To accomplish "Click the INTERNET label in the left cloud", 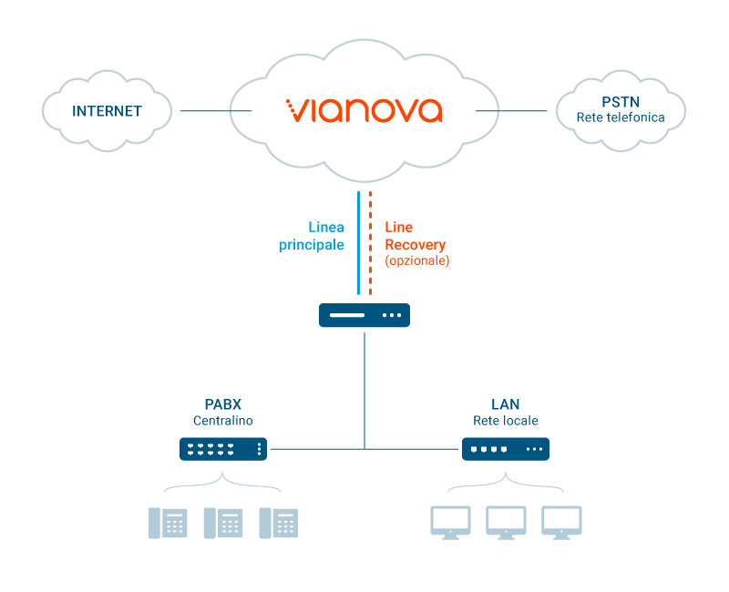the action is pos(107,111).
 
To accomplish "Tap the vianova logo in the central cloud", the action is pos(364,110).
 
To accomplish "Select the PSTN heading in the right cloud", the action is pos(621,102).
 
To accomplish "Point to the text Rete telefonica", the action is pos(621,117).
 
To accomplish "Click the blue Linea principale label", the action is pos(312,236).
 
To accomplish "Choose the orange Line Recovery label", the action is pos(416,236).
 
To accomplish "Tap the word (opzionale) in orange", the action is pos(417,260).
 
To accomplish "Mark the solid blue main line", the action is pos(358,243).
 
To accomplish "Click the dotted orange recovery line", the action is pos(370,243).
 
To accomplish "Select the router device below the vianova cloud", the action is pos(364,315).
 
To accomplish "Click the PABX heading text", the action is pos(223,404).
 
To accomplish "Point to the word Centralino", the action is pos(223,421).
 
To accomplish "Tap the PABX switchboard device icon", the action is pos(223,449).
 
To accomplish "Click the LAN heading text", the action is pos(506,404).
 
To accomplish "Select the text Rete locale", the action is pos(506,421).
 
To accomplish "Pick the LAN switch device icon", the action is pos(506,449).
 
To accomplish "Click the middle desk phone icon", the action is pos(223,523).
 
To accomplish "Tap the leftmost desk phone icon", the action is pos(168,523).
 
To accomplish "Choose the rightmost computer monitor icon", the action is pos(561,523).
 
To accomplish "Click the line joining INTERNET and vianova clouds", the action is pos(216,110).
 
